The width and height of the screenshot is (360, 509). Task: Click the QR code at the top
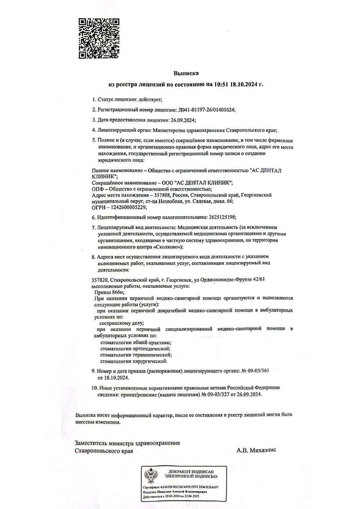[x=100, y=38]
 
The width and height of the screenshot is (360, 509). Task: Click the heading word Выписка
[x=186, y=73]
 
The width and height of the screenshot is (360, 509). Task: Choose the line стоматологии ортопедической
[x=135, y=348]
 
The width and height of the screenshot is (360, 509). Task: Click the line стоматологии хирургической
[x=134, y=361]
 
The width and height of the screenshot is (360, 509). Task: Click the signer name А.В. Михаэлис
[x=256, y=450]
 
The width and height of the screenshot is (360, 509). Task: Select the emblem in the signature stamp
[x=150, y=476]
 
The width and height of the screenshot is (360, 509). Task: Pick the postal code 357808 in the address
[x=161, y=195]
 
